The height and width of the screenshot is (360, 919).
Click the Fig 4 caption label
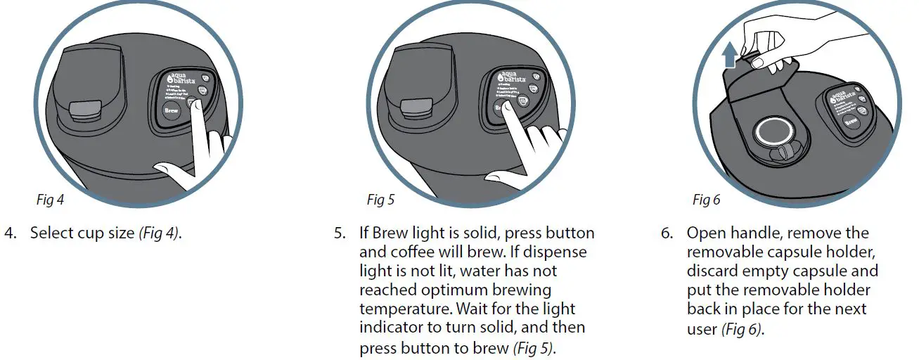click(50, 200)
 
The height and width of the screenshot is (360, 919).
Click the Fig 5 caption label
click(380, 200)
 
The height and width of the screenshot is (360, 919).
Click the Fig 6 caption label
click(706, 200)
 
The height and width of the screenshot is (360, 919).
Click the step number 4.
click(9, 233)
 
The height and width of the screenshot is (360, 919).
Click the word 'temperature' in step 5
click(404, 309)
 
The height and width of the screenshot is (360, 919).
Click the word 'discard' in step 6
click(711, 271)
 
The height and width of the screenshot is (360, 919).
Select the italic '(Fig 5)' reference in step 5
click(532, 347)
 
